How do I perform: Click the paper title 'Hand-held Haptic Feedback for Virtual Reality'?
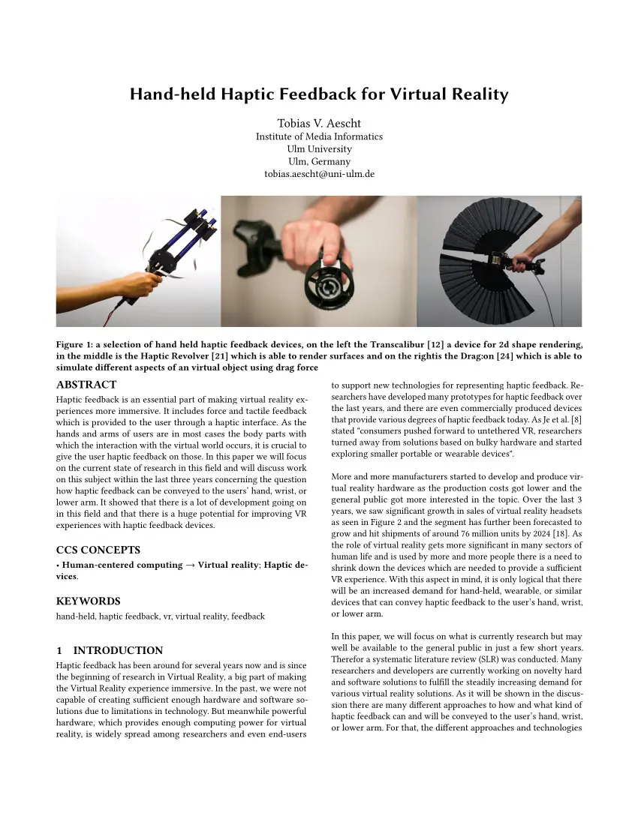tap(319, 94)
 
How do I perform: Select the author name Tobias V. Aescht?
tap(319, 123)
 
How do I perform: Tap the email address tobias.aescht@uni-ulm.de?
tap(319, 173)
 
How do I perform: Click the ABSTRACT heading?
tap(86, 385)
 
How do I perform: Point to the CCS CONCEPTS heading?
tap(98, 550)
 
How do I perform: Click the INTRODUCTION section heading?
tap(110, 650)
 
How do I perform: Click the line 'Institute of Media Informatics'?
tap(319, 136)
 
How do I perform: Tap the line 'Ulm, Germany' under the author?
tap(319, 161)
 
